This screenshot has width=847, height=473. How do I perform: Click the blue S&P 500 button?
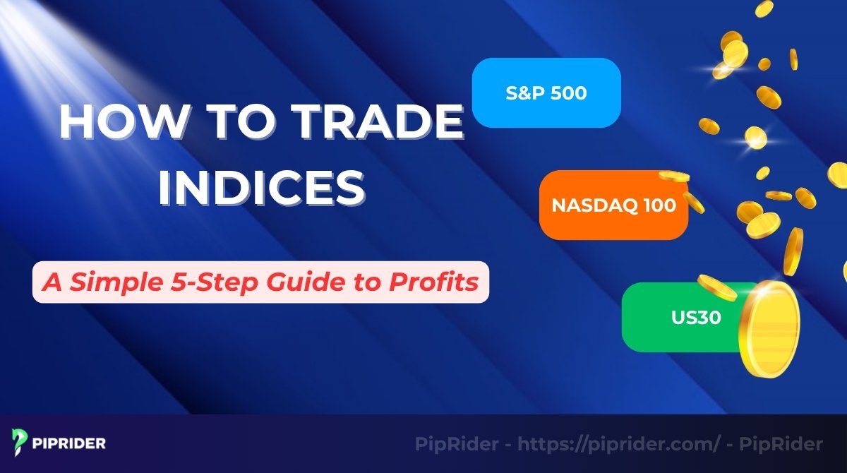pyautogui.click(x=546, y=93)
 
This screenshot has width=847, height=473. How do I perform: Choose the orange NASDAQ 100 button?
pyautogui.click(x=613, y=205)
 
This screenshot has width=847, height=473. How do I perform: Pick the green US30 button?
pyautogui.click(x=678, y=317)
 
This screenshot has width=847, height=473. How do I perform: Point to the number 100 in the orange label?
pyautogui.click(x=659, y=205)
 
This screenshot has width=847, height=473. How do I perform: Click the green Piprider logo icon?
pyautogui.click(x=19, y=443)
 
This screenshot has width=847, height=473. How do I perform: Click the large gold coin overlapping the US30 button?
pyautogui.click(x=769, y=328)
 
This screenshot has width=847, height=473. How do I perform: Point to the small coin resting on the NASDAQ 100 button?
pyautogui.click(x=673, y=176)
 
